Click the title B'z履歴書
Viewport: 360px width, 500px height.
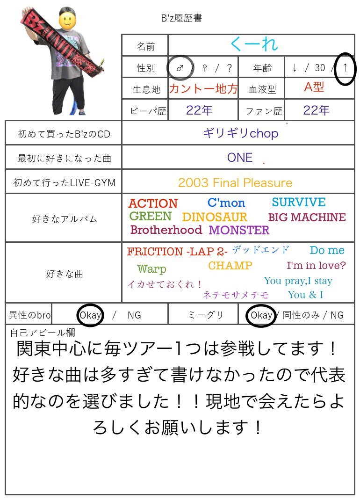point(181,19)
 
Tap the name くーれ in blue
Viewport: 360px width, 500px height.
point(254,44)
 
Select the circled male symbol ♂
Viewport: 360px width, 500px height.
point(180,67)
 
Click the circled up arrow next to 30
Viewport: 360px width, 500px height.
point(345,67)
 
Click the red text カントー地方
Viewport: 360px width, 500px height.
point(203,88)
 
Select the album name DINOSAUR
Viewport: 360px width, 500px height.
point(215,217)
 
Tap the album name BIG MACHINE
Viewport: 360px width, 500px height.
point(307,217)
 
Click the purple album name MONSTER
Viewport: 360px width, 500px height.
point(239,230)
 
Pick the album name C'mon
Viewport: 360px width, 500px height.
point(226,203)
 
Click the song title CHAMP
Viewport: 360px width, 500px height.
point(230,266)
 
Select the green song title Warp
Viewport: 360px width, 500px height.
point(151,269)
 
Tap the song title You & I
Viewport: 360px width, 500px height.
point(305,295)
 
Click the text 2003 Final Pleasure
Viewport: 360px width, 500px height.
point(235,183)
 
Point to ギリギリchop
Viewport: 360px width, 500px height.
point(240,133)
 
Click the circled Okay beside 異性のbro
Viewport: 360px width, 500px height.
point(90,315)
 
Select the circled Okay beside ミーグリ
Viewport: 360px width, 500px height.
point(261,315)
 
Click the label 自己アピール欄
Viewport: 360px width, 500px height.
point(43,333)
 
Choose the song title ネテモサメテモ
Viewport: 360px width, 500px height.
point(236,295)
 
